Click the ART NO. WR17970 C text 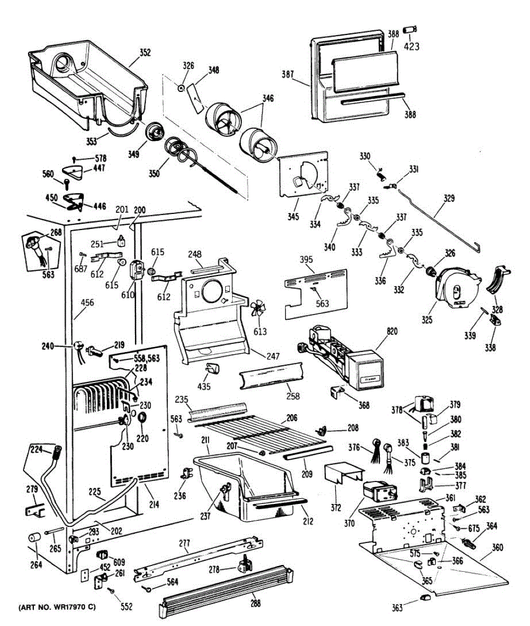[x=58, y=608]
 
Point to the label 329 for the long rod [x=449, y=198]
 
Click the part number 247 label [x=273, y=357]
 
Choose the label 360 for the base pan [x=498, y=548]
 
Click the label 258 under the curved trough [x=293, y=396]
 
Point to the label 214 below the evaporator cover [x=154, y=504]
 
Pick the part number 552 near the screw [x=126, y=606]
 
